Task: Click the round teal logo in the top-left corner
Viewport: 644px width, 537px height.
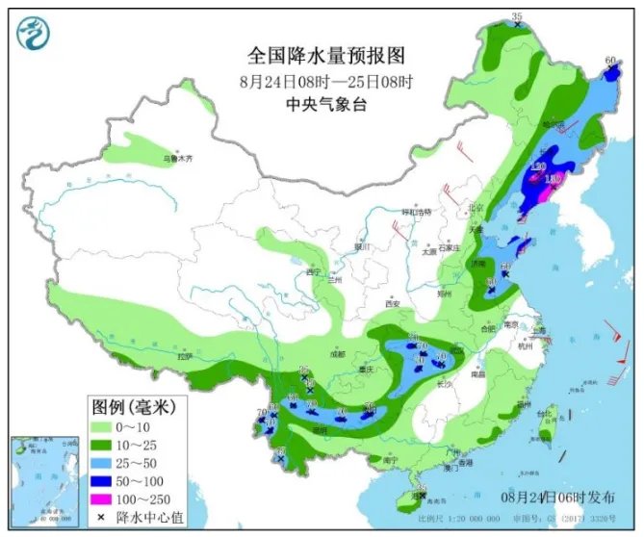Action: click(34, 36)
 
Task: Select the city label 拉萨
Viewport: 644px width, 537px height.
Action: click(186, 357)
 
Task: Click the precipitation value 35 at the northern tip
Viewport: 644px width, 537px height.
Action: click(517, 17)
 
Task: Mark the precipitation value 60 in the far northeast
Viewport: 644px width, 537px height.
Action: click(608, 61)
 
